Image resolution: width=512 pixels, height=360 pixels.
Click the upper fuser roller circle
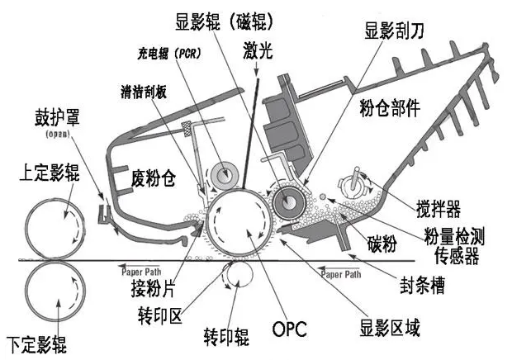click(x=54, y=225)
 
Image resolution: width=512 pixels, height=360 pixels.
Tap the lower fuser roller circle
click(x=54, y=291)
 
